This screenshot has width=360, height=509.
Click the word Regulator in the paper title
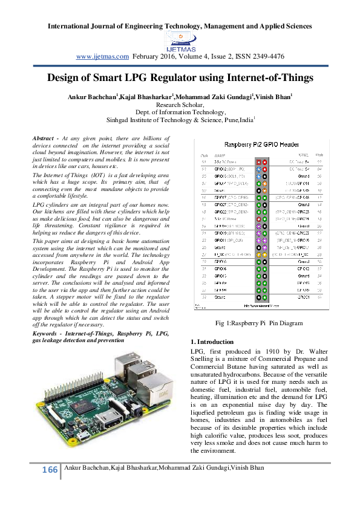pyautogui.click(x=179, y=78)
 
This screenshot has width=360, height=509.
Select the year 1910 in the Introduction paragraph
pyautogui.click(x=274, y=351)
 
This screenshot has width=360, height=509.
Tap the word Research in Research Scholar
pyautogui.click(x=170, y=104)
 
